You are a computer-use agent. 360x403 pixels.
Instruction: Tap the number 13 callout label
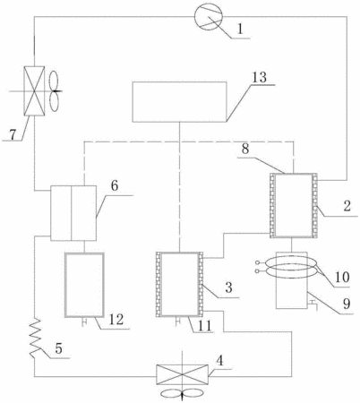259,78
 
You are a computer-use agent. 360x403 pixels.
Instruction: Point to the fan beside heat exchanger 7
55,91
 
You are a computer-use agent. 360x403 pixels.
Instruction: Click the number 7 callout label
13,134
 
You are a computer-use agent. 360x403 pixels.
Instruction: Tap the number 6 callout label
115,185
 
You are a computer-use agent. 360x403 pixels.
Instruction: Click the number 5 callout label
58,347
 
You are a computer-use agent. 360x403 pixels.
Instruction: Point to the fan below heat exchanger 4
181,393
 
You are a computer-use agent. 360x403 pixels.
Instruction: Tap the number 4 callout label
219,361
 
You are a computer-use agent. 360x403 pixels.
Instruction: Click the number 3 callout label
228,287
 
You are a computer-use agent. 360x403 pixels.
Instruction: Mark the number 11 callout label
204,325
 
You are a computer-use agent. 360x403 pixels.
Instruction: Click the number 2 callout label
347,206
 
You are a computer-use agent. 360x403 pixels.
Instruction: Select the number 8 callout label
245,149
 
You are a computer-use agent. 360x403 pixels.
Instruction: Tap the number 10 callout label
341,277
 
